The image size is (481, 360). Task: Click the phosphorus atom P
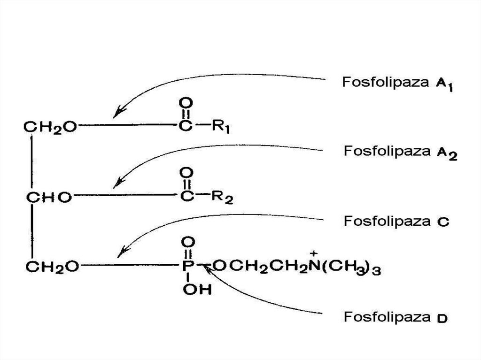click(x=186, y=267)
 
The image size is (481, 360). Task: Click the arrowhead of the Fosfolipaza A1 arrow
click(x=118, y=112)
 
